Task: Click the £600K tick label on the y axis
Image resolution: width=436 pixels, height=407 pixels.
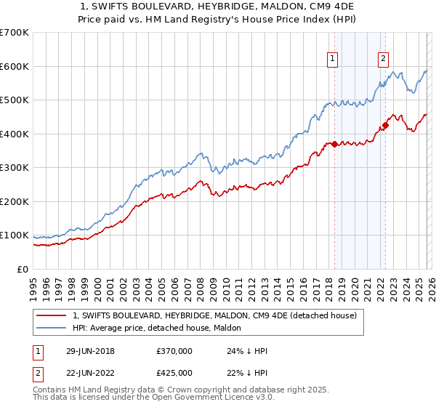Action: [15, 66]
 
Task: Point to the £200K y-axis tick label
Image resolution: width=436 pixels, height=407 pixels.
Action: [15, 201]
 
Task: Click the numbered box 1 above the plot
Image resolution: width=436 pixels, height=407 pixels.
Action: [332, 60]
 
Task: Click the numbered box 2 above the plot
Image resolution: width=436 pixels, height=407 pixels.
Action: [383, 60]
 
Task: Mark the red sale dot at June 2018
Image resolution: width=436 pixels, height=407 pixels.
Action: [334, 144]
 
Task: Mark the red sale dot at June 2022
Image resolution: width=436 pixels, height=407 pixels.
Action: [385, 126]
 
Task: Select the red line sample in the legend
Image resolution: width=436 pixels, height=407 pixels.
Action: [52, 315]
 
